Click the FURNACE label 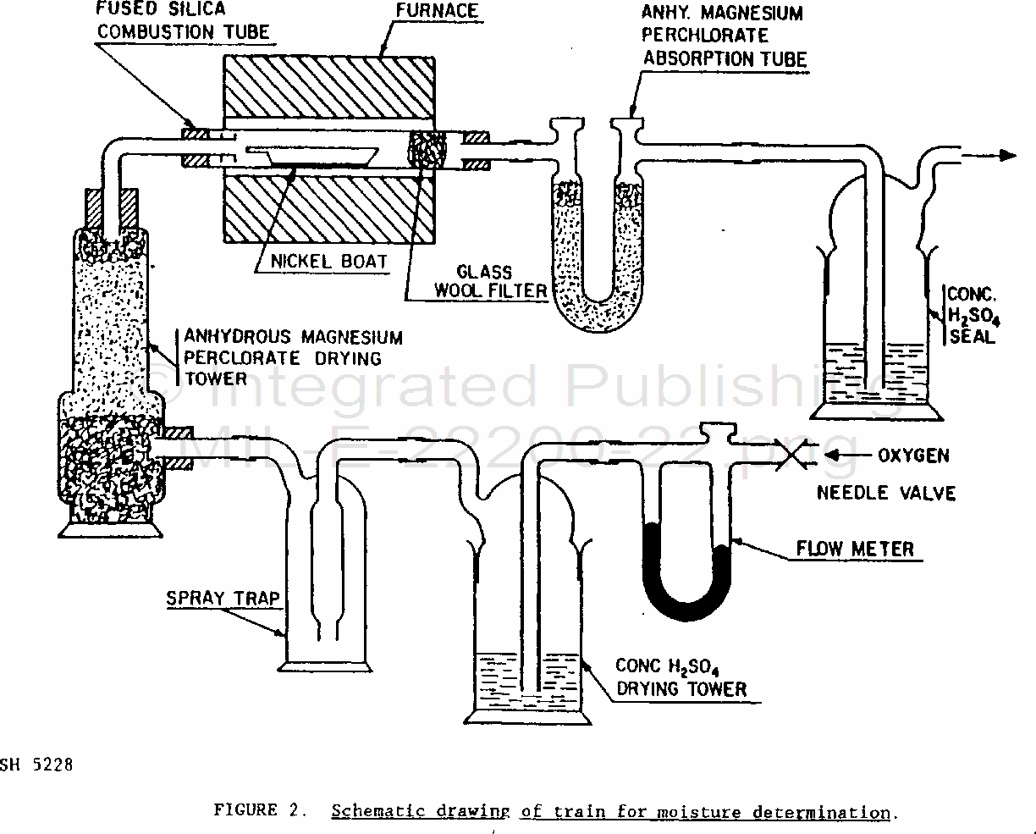coord(437,12)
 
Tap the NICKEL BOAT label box coord(328,260)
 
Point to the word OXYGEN coord(912,456)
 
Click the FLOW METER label coord(855,549)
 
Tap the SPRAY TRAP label coord(222,598)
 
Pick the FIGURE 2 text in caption coord(258,810)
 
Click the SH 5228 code coord(36,765)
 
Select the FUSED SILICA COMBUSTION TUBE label coord(183,21)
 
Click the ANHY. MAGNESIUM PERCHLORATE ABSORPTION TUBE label coord(723,36)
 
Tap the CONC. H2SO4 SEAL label coord(971,315)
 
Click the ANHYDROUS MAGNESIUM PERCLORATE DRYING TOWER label coord(292,357)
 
